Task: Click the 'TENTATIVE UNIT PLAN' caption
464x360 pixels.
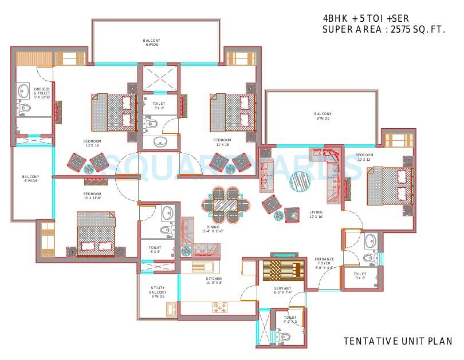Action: (398, 342)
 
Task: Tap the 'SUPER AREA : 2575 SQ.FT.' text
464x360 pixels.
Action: (384, 29)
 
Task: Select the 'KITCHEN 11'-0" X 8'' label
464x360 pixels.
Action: (213, 280)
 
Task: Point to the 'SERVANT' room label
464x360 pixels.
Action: (282, 290)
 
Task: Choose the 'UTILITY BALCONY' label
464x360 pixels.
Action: (158, 292)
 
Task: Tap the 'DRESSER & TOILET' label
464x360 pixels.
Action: (42, 93)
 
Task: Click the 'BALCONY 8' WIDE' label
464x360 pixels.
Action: (323, 116)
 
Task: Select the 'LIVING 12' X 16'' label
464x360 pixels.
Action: (316, 215)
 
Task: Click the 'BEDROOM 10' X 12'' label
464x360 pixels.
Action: (364, 157)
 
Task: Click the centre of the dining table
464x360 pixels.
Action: (227, 204)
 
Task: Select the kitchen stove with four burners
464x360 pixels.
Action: (221, 308)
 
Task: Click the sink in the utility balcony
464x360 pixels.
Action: (171, 309)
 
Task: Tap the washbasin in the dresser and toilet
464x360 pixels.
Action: (23, 90)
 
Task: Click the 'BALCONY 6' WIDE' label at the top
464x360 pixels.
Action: (151, 42)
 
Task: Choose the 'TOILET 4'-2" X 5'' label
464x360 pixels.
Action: (290, 319)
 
